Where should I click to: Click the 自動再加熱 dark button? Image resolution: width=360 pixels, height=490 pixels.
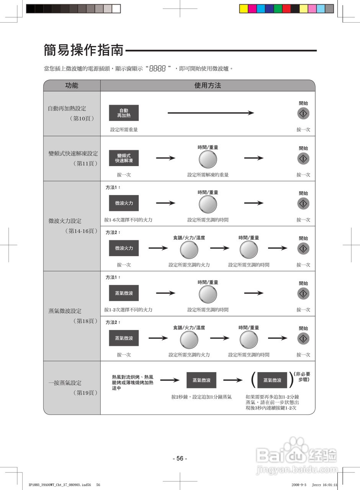[124, 113]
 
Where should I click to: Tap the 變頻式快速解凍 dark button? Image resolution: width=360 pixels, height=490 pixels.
[124, 158]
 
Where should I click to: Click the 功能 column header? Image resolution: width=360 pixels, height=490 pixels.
[72, 85]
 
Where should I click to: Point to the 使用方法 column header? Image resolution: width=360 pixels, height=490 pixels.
[208, 85]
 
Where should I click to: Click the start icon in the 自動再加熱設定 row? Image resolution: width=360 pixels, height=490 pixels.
[303, 113]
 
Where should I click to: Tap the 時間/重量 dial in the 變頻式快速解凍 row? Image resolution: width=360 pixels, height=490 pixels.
[208, 159]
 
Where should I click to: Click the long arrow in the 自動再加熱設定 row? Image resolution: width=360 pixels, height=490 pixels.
[211, 113]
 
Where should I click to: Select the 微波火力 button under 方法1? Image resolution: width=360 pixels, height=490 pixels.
[124, 203]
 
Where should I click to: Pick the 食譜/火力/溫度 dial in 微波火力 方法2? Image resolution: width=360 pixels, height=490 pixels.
[189, 250]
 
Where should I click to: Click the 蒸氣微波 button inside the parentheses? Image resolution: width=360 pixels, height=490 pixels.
[272, 380]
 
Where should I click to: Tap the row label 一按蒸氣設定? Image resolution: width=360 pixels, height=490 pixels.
[65, 383]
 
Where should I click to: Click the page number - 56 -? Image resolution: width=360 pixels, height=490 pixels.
[180, 458]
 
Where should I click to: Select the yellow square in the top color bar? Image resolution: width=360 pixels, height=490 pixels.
[243, 9]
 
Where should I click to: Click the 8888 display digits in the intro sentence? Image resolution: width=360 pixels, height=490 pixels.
[157, 69]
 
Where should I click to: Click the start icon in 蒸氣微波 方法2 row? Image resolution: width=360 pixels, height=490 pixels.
[303, 339]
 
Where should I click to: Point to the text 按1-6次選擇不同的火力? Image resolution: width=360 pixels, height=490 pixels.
[128, 220]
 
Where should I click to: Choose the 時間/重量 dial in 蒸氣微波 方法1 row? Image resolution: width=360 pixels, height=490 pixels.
[208, 294]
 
